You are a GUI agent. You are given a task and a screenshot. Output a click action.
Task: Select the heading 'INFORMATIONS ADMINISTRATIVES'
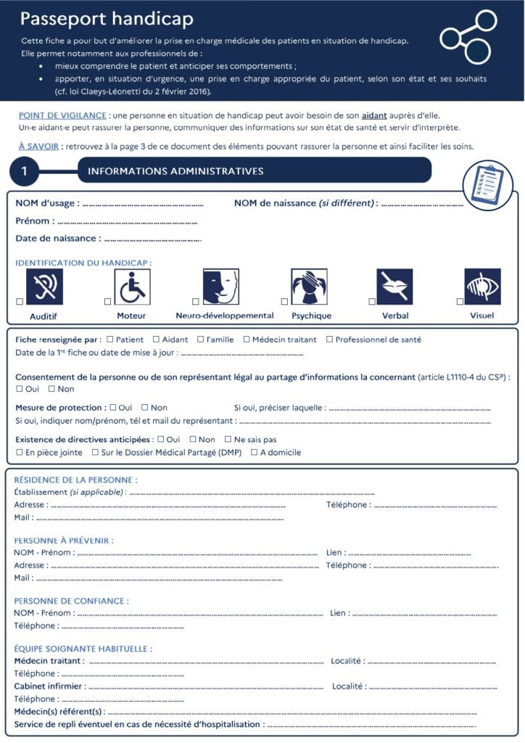(175, 171)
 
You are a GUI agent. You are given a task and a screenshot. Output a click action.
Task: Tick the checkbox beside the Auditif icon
(20, 301)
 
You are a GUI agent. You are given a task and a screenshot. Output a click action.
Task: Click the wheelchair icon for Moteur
(132, 287)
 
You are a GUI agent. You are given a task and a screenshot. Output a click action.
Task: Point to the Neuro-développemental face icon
(220, 287)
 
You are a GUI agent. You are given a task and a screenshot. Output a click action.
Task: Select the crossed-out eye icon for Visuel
(482, 287)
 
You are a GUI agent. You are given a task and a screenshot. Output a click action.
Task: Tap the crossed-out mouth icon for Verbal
(394, 287)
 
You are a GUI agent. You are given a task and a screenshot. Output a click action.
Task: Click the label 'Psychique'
(311, 316)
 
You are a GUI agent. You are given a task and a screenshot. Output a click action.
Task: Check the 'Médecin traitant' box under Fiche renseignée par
(247, 339)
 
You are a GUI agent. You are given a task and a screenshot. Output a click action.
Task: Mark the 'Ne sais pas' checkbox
(228, 439)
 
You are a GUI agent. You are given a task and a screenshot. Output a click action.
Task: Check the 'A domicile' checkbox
(255, 452)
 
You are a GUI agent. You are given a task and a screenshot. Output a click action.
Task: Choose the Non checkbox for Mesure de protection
(145, 408)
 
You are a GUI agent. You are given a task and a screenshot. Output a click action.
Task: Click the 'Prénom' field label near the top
(33, 221)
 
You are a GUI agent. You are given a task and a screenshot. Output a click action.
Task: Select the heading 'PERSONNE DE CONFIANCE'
(72, 601)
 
